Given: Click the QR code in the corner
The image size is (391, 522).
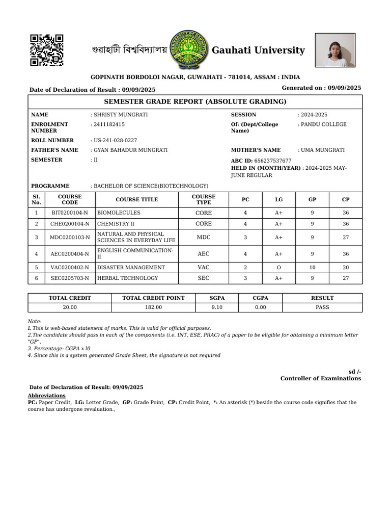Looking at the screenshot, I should [x=46, y=50].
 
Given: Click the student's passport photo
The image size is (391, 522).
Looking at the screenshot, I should [x=335, y=50].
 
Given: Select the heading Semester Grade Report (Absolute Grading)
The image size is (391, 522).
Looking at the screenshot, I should [x=195, y=101].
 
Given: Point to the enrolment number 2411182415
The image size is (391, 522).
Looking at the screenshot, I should [x=109, y=124].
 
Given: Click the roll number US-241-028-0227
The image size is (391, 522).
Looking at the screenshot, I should [x=115, y=140].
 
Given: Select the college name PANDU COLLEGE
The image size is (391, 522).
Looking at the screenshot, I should [x=323, y=124].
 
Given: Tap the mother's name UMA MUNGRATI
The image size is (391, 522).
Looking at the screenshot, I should [x=323, y=150].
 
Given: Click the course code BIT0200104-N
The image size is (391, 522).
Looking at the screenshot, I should [x=69, y=213].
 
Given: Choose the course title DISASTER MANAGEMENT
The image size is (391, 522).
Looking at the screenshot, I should [x=131, y=267].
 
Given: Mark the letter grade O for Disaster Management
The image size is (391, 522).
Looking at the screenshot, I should [x=279, y=267].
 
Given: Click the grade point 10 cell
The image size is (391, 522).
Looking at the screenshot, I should [x=312, y=267].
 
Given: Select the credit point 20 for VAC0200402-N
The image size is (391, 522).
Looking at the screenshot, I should [x=346, y=267].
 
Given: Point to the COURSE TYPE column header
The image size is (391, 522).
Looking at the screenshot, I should [x=204, y=199].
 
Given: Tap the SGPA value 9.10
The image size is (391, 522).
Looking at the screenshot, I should [x=216, y=307].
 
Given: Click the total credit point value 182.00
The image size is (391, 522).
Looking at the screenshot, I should [x=154, y=307].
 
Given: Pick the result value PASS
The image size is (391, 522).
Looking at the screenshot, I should [x=322, y=307].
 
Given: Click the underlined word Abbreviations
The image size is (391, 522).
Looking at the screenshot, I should [x=46, y=396].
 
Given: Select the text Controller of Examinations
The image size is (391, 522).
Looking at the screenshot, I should [x=321, y=378].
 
